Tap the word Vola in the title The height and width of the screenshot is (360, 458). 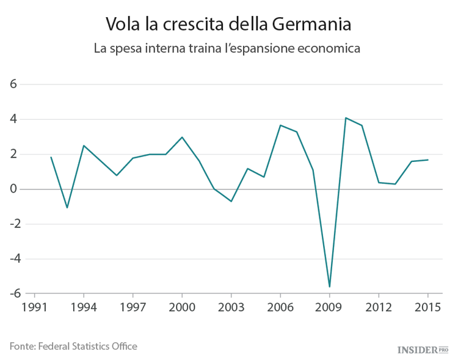[x=121, y=24]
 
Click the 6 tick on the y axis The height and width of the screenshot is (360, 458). [x=13, y=84]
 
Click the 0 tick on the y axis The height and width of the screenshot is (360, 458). [x=13, y=189]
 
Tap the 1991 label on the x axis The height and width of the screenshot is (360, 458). [x=34, y=307]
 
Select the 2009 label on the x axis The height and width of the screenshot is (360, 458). [x=329, y=307]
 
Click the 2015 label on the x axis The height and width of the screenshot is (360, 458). [x=427, y=307]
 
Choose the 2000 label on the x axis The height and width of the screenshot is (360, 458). [x=182, y=307]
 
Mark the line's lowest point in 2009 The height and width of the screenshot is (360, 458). [x=329, y=287]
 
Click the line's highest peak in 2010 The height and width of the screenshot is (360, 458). [x=346, y=118]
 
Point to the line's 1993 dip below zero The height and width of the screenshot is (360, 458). [x=67, y=208]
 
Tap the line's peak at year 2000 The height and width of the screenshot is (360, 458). [x=182, y=137]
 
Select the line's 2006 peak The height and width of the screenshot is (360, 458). [x=280, y=125]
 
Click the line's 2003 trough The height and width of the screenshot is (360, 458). [x=231, y=201]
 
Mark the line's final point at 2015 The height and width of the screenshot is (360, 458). [x=427, y=160]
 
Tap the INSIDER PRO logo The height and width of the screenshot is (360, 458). [x=423, y=350]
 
